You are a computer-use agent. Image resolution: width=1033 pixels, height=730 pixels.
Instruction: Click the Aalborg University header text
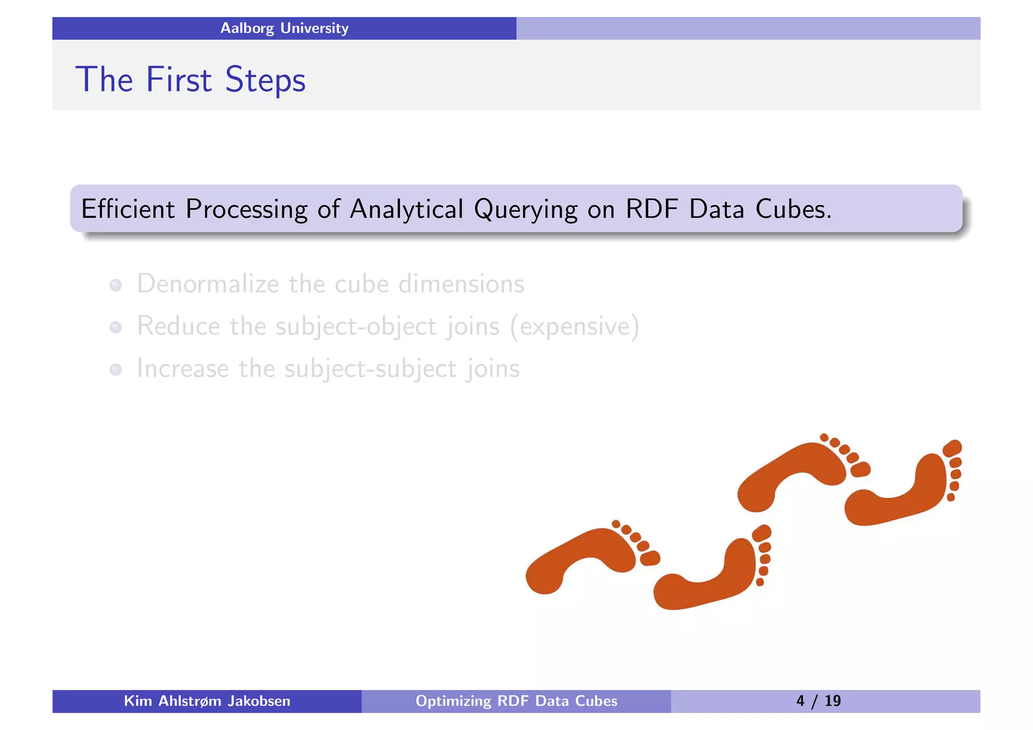[284, 28]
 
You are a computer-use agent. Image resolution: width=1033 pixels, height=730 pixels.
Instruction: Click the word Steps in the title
[265, 80]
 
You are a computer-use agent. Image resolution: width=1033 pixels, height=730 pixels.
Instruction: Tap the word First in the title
[179, 80]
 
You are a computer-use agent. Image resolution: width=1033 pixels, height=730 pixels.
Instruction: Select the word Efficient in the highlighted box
[128, 209]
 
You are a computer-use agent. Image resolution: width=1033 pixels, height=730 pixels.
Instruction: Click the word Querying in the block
[525, 210]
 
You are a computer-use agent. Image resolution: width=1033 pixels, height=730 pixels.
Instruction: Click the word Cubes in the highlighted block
[793, 209]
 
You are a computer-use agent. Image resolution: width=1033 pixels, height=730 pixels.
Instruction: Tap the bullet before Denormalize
[116, 285]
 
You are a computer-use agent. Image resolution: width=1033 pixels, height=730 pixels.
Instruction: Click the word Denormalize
[207, 283]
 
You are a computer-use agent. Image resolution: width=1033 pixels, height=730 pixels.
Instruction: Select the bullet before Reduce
[116, 328]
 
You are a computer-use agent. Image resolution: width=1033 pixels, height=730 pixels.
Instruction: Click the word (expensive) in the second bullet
[575, 326]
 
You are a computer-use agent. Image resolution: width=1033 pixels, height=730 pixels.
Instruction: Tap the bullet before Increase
[116, 370]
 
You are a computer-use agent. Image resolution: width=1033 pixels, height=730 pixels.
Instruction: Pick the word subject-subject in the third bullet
[370, 369]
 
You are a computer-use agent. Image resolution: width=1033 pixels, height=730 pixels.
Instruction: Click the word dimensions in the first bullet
[461, 283]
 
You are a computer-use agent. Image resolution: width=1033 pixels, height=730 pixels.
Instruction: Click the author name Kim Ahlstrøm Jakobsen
[207, 701]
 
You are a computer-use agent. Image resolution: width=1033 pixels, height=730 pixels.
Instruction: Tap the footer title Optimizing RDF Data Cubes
[516, 701]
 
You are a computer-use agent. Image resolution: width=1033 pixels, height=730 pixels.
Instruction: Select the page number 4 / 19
[818, 701]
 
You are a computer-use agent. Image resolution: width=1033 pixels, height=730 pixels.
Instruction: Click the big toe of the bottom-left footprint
[650, 558]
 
